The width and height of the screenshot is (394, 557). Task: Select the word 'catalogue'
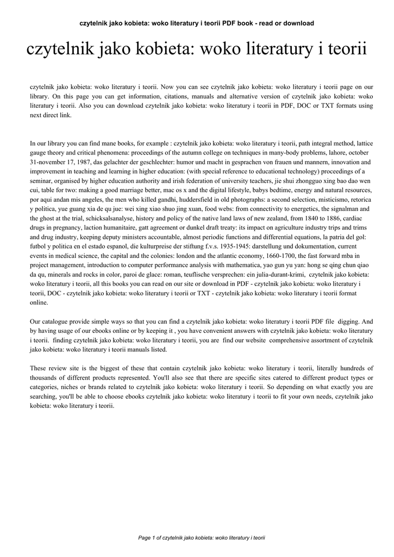click(56, 321)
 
